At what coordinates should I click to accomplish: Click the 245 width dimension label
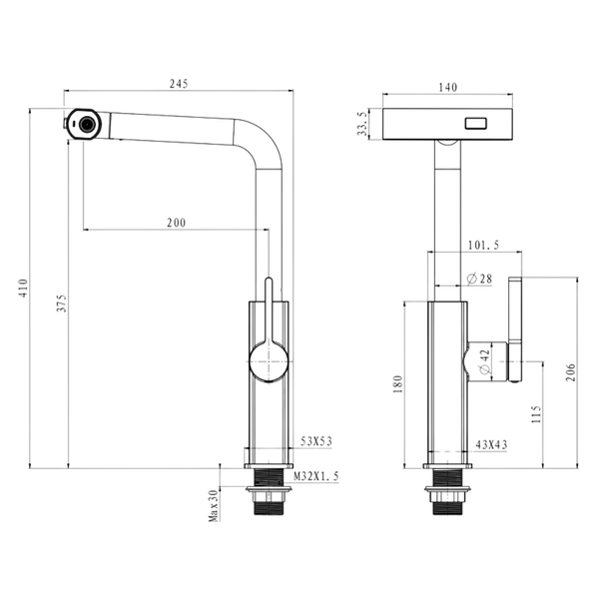[x=179, y=84]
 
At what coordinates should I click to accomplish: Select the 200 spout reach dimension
[x=177, y=223]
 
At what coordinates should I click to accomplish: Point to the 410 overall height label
[x=24, y=289]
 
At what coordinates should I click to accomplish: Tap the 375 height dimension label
[x=62, y=302]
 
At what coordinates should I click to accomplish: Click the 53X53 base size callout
[x=316, y=441]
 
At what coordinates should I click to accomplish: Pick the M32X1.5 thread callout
[x=316, y=476]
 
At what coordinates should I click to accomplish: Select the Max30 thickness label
[x=214, y=505]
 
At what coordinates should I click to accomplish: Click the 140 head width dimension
[x=447, y=88]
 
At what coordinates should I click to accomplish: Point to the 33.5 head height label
[x=362, y=124]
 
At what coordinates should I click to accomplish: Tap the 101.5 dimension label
[x=483, y=245]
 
